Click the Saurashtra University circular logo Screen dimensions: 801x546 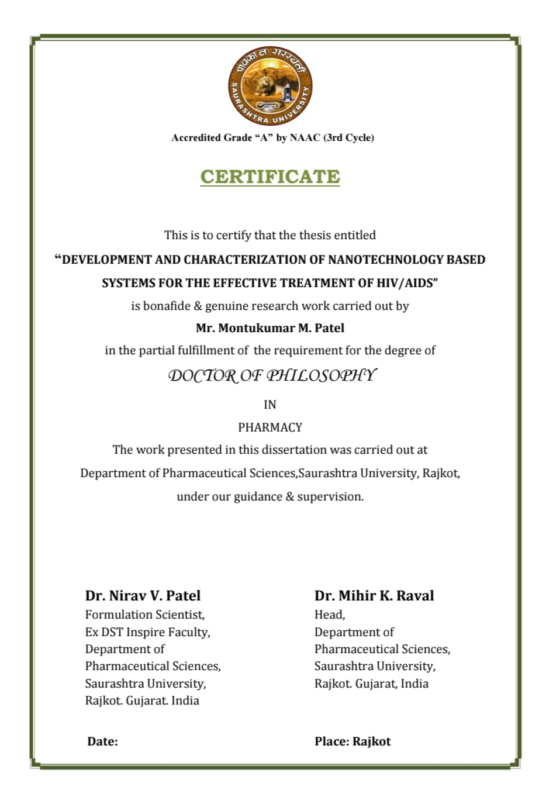click(x=270, y=86)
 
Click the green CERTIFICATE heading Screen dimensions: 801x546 click(x=270, y=177)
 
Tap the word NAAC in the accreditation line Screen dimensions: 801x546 click(x=305, y=138)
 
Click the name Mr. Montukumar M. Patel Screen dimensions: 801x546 click(x=270, y=328)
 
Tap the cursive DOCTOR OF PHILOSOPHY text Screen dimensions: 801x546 click(x=272, y=375)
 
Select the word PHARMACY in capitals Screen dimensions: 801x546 click(x=270, y=427)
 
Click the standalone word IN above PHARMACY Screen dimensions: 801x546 click(x=270, y=405)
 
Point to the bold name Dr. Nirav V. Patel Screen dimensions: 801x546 click(x=143, y=596)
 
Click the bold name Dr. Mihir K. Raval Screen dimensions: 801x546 click(x=374, y=596)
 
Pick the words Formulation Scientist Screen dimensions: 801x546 click(x=144, y=614)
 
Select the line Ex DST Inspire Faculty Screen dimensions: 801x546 click(x=147, y=632)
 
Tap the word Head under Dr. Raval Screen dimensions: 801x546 click(x=329, y=614)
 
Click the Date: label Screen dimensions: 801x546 click(x=102, y=741)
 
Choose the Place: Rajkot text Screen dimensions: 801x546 click(x=353, y=741)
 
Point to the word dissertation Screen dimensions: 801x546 click(x=294, y=450)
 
